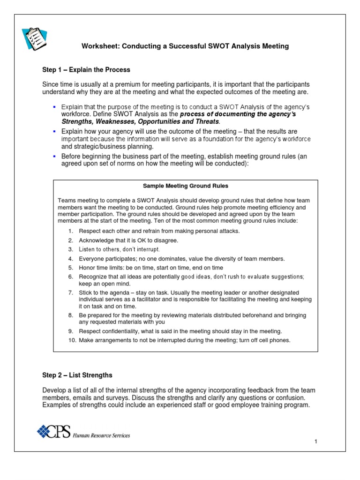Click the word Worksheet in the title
[x=99, y=46]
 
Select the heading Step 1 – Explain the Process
[x=86, y=69]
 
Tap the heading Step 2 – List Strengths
[x=77, y=375]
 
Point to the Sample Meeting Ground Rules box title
[x=185, y=186]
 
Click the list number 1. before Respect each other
[x=71, y=231]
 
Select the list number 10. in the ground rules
[x=72, y=340]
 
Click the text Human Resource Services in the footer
[x=101, y=435]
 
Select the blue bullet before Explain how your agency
[x=55, y=131]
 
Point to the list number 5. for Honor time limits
[x=71, y=268]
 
